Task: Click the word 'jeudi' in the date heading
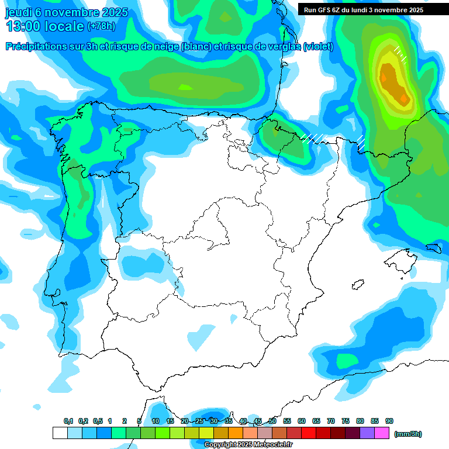click(x=18, y=12)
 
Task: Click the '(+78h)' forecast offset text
click(x=102, y=26)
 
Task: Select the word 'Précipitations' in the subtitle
click(x=34, y=47)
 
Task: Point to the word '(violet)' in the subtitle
click(x=319, y=47)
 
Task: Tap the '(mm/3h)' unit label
click(x=407, y=434)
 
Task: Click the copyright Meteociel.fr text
click(x=248, y=445)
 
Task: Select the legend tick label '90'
click(x=389, y=422)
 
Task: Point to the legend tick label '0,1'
click(x=68, y=422)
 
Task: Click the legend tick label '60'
click(x=302, y=422)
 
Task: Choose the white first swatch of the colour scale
click(x=60, y=433)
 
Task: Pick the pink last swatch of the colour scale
click(x=382, y=433)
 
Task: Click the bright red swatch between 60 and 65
click(x=309, y=433)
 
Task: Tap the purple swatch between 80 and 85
click(x=367, y=433)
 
